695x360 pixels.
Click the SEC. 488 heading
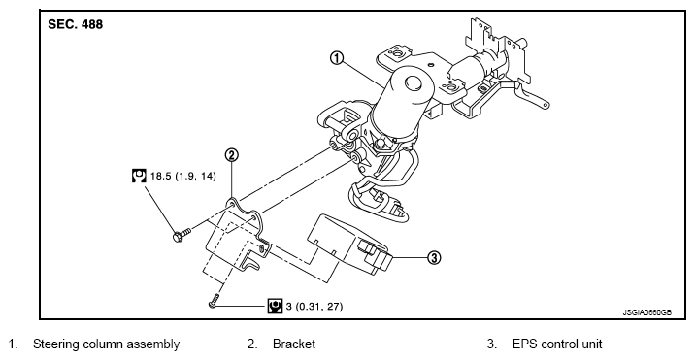(x=76, y=24)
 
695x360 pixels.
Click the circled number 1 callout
(x=337, y=58)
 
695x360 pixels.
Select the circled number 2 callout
(x=231, y=155)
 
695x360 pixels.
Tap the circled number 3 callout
(x=435, y=257)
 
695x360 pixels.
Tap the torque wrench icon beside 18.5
(x=139, y=176)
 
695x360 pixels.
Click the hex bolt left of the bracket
(x=182, y=234)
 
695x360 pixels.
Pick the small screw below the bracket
(x=215, y=301)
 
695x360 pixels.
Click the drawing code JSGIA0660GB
(x=646, y=312)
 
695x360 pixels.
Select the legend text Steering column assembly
(x=107, y=344)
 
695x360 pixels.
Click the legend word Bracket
(x=294, y=344)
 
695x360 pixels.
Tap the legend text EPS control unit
(x=557, y=344)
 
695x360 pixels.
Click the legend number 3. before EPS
(x=491, y=344)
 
